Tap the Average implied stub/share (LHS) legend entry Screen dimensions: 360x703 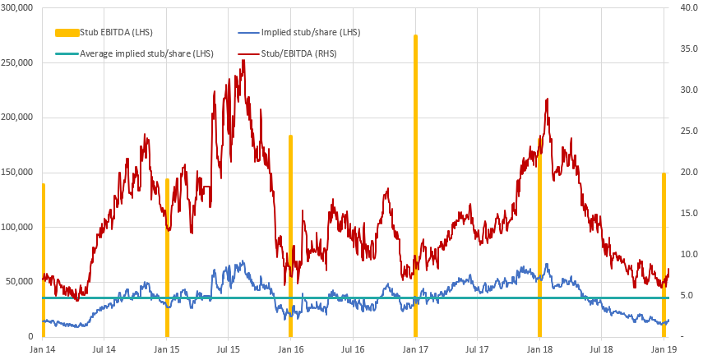146,53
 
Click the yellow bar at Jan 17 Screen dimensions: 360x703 415,185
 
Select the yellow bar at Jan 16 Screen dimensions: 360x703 290,235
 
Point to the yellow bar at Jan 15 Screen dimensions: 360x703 167,257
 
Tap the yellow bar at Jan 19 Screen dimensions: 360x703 664,255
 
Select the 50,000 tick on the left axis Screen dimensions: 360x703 20,282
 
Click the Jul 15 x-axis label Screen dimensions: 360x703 229,350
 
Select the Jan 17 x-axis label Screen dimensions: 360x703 415,350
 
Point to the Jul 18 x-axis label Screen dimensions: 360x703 601,350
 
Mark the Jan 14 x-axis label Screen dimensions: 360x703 43,350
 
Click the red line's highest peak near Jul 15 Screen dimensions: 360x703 243,61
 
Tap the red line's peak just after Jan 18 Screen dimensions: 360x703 547,99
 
